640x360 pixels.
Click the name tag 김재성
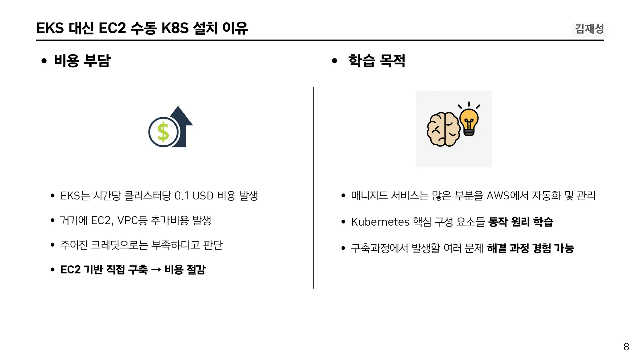pos(589,29)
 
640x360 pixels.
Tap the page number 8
pos(626,347)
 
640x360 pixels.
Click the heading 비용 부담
pos(82,61)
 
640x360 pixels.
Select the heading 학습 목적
pos(377,61)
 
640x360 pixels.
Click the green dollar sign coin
pos(163,132)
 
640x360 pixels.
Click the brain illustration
pos(443,129)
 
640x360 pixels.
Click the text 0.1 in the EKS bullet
pos(182,196)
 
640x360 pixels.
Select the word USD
pos(203,196)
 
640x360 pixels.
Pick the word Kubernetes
pos(380,222)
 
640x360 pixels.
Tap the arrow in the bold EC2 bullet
pos(156,270)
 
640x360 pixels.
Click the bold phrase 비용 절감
pos(185,270)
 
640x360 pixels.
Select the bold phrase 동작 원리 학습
pos(521,222)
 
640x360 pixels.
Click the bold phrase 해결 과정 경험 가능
pos(530,248)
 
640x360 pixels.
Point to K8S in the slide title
pos(175,28)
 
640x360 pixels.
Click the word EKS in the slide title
pos(50,28)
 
